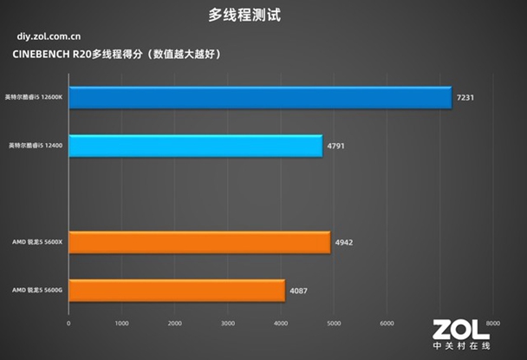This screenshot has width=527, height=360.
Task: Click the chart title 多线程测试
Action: (245, 14)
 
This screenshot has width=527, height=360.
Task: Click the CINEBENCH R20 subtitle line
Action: (118, 55)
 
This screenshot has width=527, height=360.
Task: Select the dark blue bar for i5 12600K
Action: (259, 98)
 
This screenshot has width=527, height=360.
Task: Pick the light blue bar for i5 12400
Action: (195, 146)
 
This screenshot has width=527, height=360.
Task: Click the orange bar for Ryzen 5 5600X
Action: (198, 242)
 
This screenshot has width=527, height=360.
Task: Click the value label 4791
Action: (336, 147)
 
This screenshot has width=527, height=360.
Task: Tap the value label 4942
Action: (344, 243)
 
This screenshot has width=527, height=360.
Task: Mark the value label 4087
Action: (298, 291)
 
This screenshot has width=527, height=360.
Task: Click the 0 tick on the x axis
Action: (68, 323)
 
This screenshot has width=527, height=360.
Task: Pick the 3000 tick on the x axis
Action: (227, 323)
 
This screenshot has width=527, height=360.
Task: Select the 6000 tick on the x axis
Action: (386, 323)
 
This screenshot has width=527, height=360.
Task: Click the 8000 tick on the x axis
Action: (491, 323)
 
